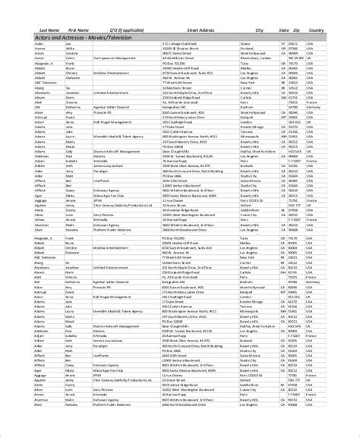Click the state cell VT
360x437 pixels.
(x=283, y=45)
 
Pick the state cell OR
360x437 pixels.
(x=283, y=49)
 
